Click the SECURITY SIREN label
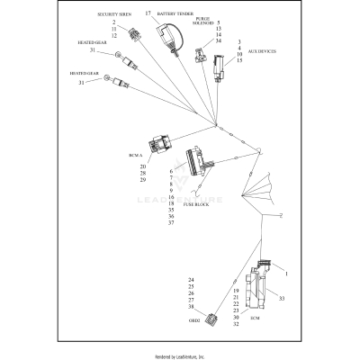click(x=114, y=15)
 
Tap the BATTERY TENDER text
click(x=176, y=14)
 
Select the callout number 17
click(x=148, y=13)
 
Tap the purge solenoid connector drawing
click(x=199, y=55)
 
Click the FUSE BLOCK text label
click(x=198, y=204)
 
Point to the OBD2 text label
click(x=193, y=321)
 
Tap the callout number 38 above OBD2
click(x=191, y=308)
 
